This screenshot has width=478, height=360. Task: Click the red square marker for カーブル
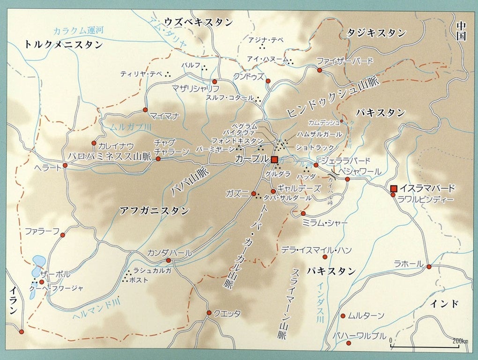coord(275,160)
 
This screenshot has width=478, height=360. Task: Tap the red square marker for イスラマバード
coord(394,188)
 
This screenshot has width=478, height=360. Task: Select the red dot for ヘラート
coord(65,166)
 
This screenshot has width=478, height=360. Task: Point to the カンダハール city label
coord(169,253)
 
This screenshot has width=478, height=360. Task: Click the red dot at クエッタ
coord(209,313)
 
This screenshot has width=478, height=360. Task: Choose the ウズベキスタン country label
coord(198,22)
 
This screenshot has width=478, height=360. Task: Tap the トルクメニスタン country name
coord(64,44)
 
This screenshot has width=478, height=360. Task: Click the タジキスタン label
coord(376,33)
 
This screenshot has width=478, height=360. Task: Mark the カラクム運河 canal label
coord(78,31)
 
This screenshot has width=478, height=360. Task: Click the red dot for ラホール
coord(429,266)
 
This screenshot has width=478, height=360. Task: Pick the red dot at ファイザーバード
coord(320,70)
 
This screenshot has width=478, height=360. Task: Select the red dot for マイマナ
coord(145,110)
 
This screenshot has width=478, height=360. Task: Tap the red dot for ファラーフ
coord(62,235)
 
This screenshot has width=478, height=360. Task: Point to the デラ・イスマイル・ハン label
coord(316,250)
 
